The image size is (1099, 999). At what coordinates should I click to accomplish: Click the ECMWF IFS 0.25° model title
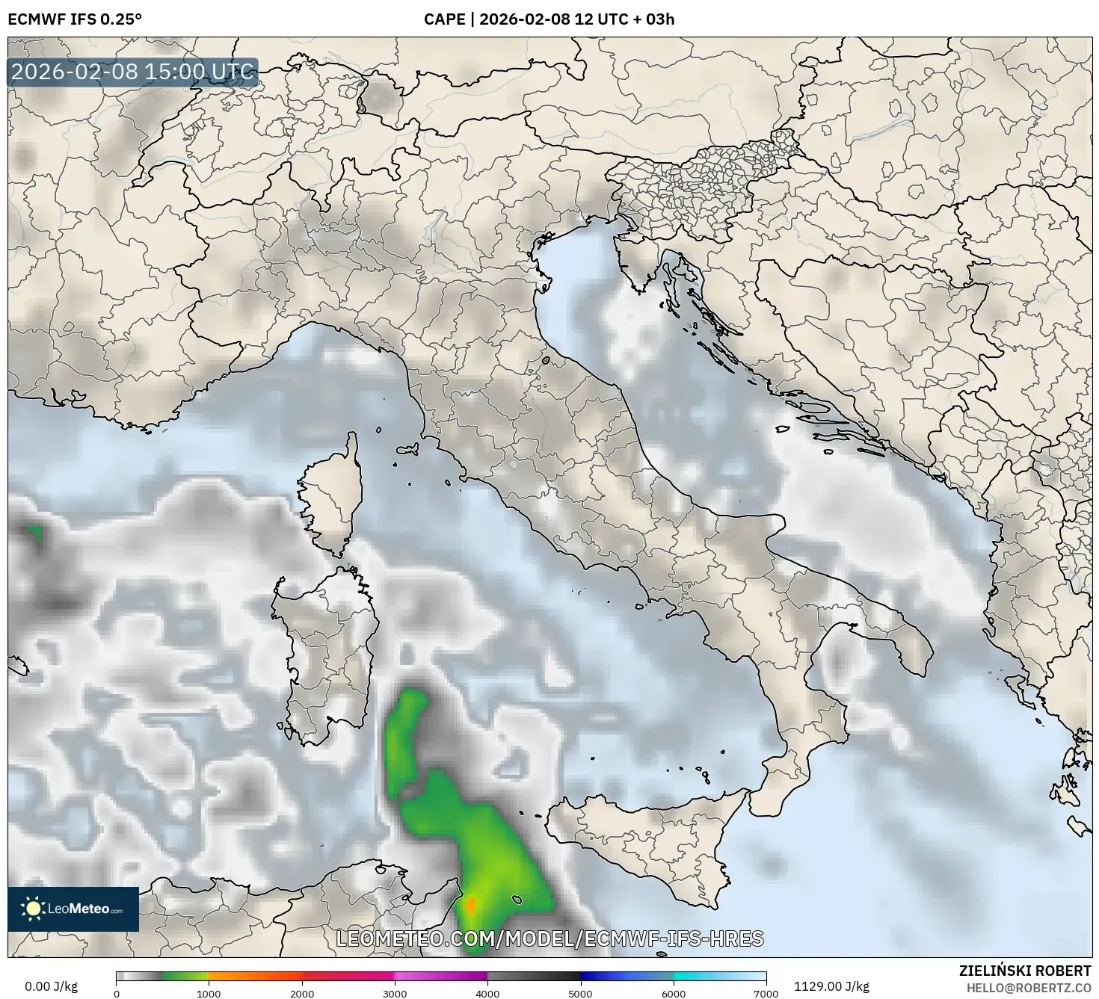75,19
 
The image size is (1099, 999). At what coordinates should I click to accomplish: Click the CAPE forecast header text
549,19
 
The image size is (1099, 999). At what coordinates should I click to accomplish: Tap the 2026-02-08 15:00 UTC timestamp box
133,72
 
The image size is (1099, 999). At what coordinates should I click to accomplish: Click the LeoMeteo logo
73,909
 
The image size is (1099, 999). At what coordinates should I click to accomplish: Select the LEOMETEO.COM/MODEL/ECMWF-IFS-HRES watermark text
549,938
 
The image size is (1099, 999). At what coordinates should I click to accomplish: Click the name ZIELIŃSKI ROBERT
1024,971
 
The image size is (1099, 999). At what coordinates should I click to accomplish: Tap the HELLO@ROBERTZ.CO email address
1028,987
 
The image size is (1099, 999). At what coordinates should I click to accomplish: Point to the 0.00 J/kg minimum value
51,986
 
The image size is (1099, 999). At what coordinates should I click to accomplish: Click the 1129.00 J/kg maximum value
831,986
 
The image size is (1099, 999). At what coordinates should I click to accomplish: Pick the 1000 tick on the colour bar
209,993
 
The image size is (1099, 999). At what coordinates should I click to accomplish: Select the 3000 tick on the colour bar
395,993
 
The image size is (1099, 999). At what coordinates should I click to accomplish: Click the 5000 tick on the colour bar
580,993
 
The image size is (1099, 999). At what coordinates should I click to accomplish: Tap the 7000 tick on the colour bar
766,993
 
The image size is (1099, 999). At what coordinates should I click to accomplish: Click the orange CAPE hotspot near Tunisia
471,906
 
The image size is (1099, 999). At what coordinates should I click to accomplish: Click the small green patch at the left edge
34,534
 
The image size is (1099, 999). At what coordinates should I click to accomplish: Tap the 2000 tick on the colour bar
302,993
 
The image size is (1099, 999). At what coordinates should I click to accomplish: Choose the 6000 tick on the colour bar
674,993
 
